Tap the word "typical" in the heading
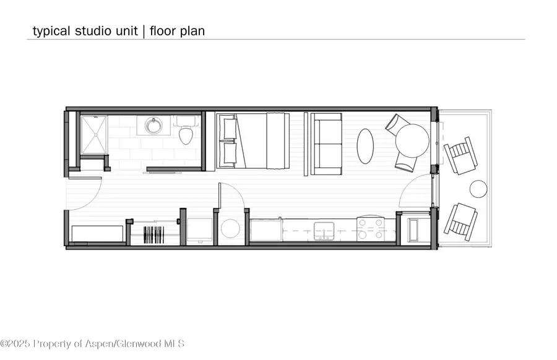(x=51, y=32)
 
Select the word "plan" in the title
(x=192, y=32)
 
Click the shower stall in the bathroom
(x=94, y=135)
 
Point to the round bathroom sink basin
(x=154, y=126)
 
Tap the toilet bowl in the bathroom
(x=186, y=135)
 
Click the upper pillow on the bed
(x=230, y=129)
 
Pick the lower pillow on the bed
(x=230, y=153)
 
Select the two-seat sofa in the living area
(x=326, y=144)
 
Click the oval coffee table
(x=365, y=146)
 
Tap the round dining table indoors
(x=412, y=140)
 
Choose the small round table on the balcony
(x=478, y=189)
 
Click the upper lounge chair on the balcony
(x=460, y=155)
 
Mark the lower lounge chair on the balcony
(x=460, y=223)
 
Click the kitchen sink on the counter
(x=324, y=231)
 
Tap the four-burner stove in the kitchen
(x=371, y=229)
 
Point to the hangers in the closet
(x=154, y=234)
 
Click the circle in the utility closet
(x=230, y=228)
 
